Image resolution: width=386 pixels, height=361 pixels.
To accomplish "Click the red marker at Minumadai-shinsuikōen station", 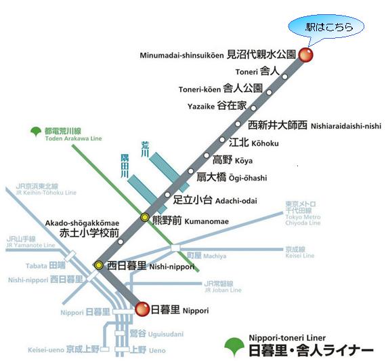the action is (305, 54).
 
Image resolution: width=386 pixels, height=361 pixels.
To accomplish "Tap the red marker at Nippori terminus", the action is (142, 309).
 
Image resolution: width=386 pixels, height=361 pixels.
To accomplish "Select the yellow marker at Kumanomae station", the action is (145, 217).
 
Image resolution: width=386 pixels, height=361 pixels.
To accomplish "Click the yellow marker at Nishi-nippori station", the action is (99, 265).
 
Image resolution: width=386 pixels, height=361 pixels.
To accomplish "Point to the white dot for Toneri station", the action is (285, 77).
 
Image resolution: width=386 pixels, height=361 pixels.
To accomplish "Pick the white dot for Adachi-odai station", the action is (167, 195).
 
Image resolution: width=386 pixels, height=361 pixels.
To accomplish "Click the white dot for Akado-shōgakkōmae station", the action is (121, 242).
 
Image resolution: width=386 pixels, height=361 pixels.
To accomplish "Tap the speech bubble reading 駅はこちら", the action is (326, 27).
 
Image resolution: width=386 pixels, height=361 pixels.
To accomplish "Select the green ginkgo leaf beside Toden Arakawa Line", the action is (36, 132).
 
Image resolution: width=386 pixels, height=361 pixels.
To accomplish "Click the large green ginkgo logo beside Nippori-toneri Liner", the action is (234, 347).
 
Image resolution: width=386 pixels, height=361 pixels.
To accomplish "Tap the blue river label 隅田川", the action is (125, 166).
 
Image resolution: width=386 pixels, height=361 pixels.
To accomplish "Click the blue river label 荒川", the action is (145, 149).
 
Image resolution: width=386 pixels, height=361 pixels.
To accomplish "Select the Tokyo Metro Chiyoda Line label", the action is (303, 214).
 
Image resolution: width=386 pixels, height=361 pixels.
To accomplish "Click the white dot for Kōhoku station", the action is (222, 140).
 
